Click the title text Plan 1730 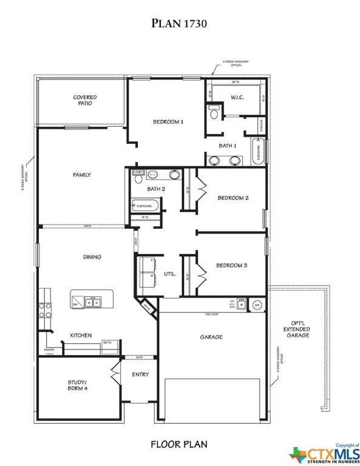click(x=179, y=24)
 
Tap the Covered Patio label click(x=84, y=100)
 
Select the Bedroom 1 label click(x=168, y=122)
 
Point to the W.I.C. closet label click(x=237, y=98)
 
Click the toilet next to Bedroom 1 click(x=214, y=113)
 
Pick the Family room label click(x=82, y=175)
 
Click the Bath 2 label click(x=156, y=189)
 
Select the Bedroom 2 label click(x=233, y=198)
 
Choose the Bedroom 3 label click(x=232, y=265)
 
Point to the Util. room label click(x=169, y=274)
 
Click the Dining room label click(x=92, y=257)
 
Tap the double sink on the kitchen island click(x=93, y=302)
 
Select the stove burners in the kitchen click(x=45, y=311)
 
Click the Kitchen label click(x=81, y=335)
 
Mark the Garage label click(x=211, y=337)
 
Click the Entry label click(x=140, y=374)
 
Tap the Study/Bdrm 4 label click(x=77, y=385)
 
